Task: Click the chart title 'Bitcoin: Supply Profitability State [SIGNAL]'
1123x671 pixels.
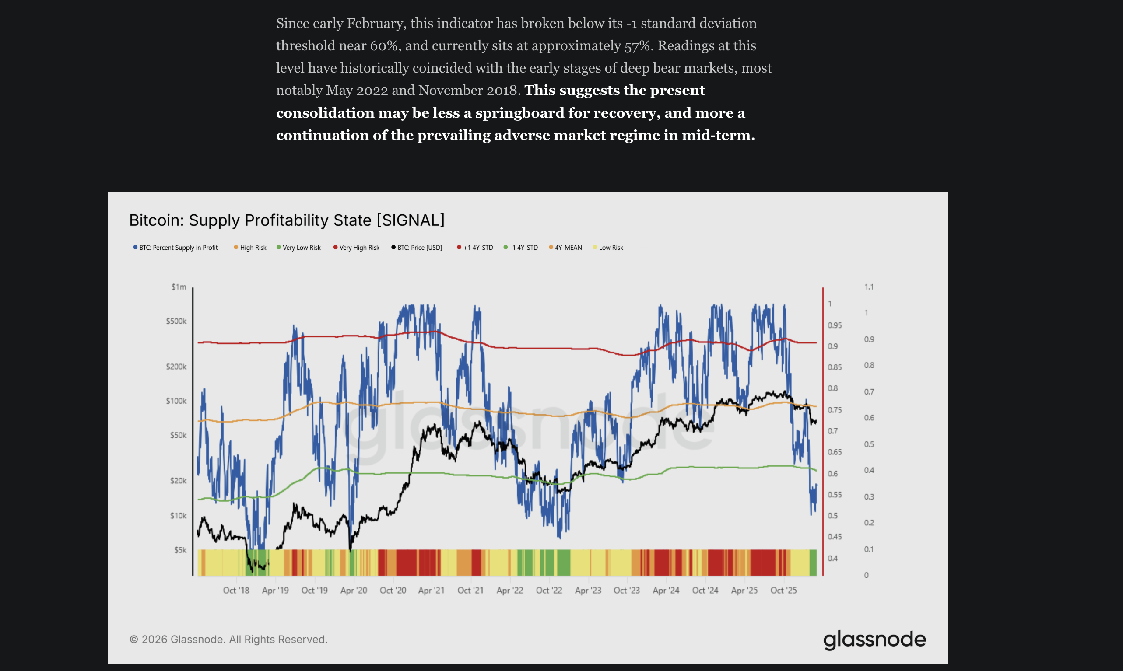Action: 287,220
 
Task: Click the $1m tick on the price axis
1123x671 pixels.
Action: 179,287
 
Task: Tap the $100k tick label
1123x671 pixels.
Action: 176,401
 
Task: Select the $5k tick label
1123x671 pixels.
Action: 180,550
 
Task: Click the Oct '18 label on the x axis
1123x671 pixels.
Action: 235,591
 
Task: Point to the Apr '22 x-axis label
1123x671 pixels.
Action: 509,591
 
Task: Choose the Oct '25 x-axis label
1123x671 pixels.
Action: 783,591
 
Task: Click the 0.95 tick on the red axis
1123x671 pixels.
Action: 835,325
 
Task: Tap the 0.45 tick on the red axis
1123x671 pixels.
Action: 835,537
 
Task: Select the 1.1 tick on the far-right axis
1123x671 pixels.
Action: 868,287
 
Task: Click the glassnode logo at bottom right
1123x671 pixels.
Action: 874,640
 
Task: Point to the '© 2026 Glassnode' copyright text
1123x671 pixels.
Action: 228,640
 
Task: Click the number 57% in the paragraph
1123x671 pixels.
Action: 639,45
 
